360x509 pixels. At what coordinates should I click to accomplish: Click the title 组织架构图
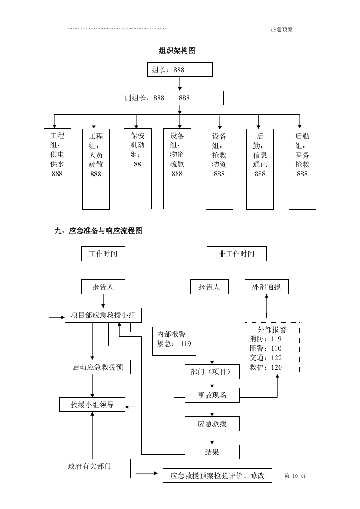pyautogui.click(x=177, y=51)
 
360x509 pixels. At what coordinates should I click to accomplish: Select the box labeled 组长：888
pyautogui.click(x=180, y=69)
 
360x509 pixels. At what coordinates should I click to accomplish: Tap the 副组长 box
pyautogui.click(x=172, y=98)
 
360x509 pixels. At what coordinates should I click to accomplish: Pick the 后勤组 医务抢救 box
pyautogui.click(x=302, y=169)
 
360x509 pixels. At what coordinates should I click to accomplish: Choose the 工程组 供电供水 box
pyautogui.click(x=57, y=169)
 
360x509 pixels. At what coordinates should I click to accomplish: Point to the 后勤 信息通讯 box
pyautogui.click(x=260, y=169)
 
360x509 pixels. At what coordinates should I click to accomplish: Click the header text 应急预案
pyautogui.click(x=282, y=29)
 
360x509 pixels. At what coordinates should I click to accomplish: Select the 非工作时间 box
pyautogui.click(x=237, y=254)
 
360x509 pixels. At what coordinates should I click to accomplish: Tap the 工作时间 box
pyautogui.click(x=103, y=254)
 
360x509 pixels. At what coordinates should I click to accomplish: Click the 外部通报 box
pyautogui.click(x=266, y=287)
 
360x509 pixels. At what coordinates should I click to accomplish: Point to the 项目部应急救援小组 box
pyautogui.click(x=103, y=315)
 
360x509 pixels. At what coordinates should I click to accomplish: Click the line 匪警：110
pyautogui.click(x=266, y=348)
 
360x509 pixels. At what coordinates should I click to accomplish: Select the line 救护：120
pyautogui.click(x=266, y=367)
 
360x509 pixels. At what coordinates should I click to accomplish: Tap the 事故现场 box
pyautogui.click(x=212, y=395)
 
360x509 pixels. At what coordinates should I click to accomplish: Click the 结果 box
pyautogui.click(x=212, y=452)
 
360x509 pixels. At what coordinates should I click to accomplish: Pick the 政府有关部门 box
pyautogui.click(x=89, y=466)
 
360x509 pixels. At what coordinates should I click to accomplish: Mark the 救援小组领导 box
pyautogui.click(x=92, y=405)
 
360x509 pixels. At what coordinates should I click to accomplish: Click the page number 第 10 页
pyautogui.click(x=295, y=475)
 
